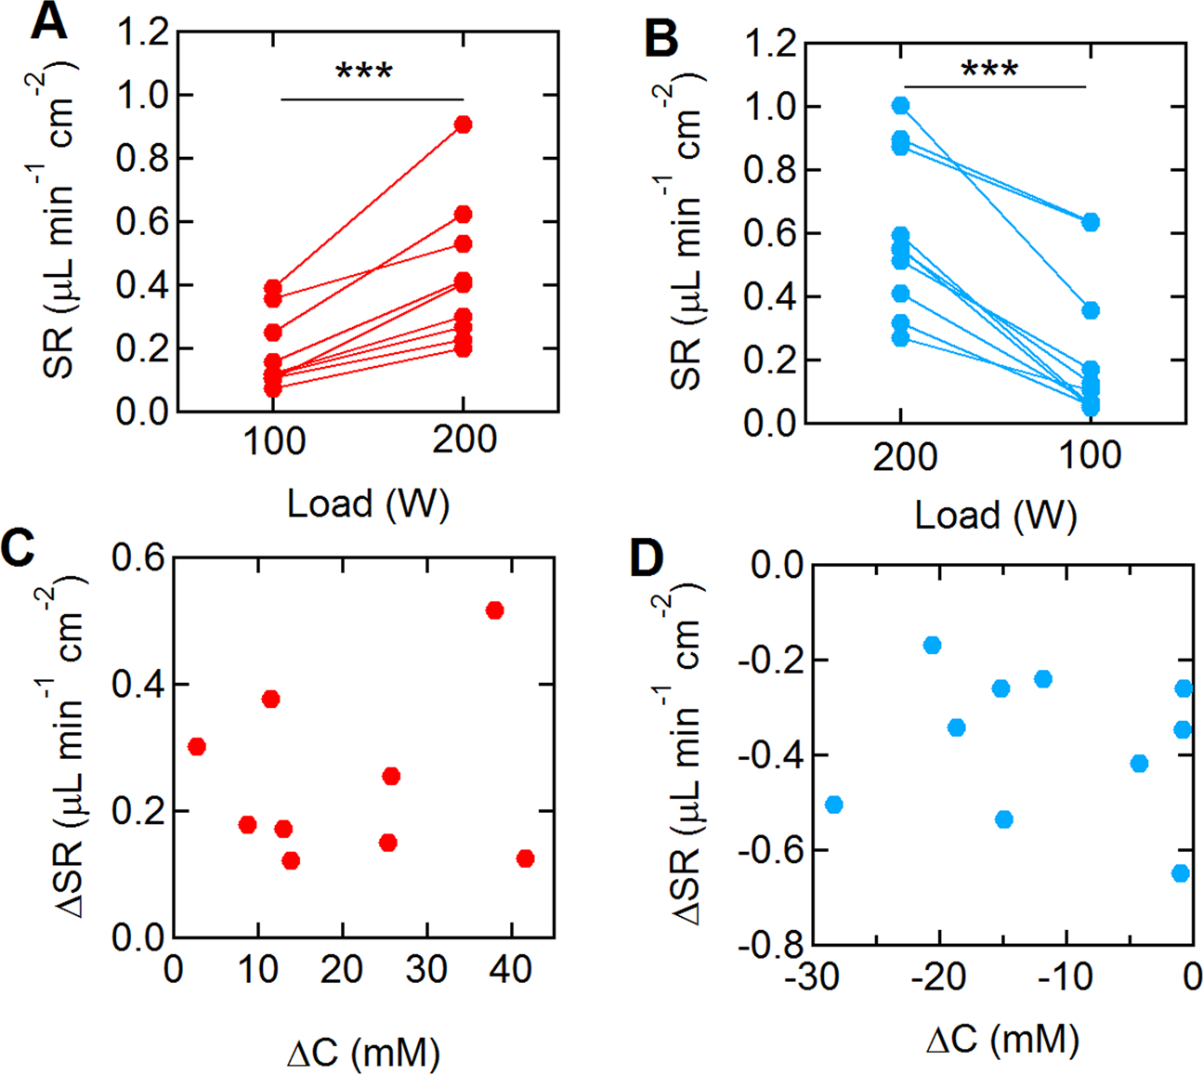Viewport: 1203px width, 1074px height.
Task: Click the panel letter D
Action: click(x=647, y=559)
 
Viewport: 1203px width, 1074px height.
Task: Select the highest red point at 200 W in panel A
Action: click(x=463, y=124)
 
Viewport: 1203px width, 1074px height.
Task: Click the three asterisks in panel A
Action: click(x=364, y=72)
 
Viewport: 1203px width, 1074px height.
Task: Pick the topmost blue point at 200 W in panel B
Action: click(x=900, y=106)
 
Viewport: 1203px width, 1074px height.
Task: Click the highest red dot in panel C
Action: click(x=494, y=610)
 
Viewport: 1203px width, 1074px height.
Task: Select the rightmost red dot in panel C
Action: click(x=525, y=858)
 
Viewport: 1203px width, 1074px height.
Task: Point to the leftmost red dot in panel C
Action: click(x=196, y=746)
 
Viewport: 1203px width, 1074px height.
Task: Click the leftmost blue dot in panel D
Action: click(x=833, y=805)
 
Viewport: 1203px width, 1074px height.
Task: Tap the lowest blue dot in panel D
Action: click(x=1181, y=873)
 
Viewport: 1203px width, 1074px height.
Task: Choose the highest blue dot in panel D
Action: click(x=932, y=645)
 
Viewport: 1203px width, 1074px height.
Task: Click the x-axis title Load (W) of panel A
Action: click(x=368, y=504)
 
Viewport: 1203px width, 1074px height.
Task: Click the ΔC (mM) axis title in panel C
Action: click(x=363, y=1053)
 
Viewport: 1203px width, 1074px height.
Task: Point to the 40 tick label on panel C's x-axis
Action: click(x=510, y=970)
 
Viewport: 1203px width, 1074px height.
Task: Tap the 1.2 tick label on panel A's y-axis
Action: click(x=141, y=33)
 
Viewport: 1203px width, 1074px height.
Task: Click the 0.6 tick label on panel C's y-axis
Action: click(x=137, y=557)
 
